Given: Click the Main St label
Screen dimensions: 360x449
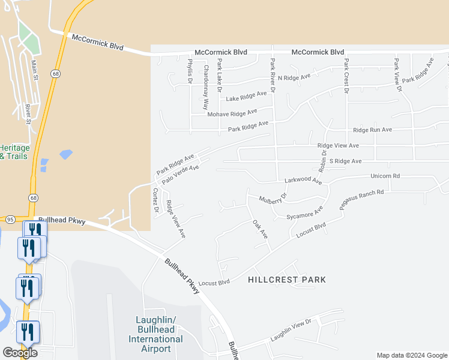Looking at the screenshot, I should pos(35,68).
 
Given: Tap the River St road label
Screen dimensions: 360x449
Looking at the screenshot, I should pos(28,113).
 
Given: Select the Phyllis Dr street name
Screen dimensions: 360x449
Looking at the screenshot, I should pos(190,71).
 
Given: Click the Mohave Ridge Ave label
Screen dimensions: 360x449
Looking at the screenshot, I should pos(232,113).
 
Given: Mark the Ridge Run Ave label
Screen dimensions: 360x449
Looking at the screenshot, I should pos(372,130).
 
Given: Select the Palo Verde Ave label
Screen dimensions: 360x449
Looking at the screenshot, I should pos(180,172).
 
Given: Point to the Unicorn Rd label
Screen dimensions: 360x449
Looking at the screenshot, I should pos(385,176).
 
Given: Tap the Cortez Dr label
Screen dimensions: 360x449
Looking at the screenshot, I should pos(155,201).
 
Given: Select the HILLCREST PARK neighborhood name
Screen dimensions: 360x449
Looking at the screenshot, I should pos(287,280).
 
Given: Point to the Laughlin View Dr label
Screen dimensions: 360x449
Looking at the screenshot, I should pos(291,331).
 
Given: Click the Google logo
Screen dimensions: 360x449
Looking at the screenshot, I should pos(20,353).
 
